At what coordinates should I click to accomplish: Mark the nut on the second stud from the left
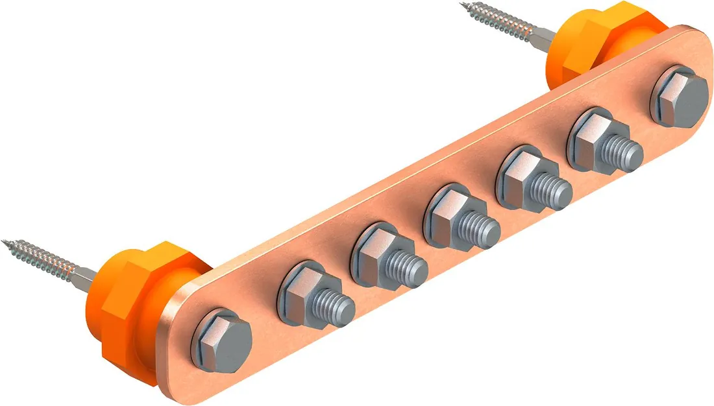[375, 252]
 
